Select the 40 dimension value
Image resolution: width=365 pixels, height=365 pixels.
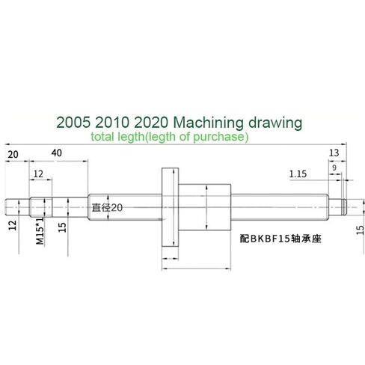[x=58, y=153]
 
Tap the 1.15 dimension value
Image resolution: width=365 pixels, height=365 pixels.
[x=299, y=174]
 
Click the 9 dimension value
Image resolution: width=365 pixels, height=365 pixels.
[x=334, y=169]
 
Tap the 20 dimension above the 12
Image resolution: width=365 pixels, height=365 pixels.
[x=13, y=153]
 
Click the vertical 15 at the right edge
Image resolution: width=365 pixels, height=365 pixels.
[x=358, y=234]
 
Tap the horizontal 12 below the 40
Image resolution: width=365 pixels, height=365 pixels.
[x=38, y=173]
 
